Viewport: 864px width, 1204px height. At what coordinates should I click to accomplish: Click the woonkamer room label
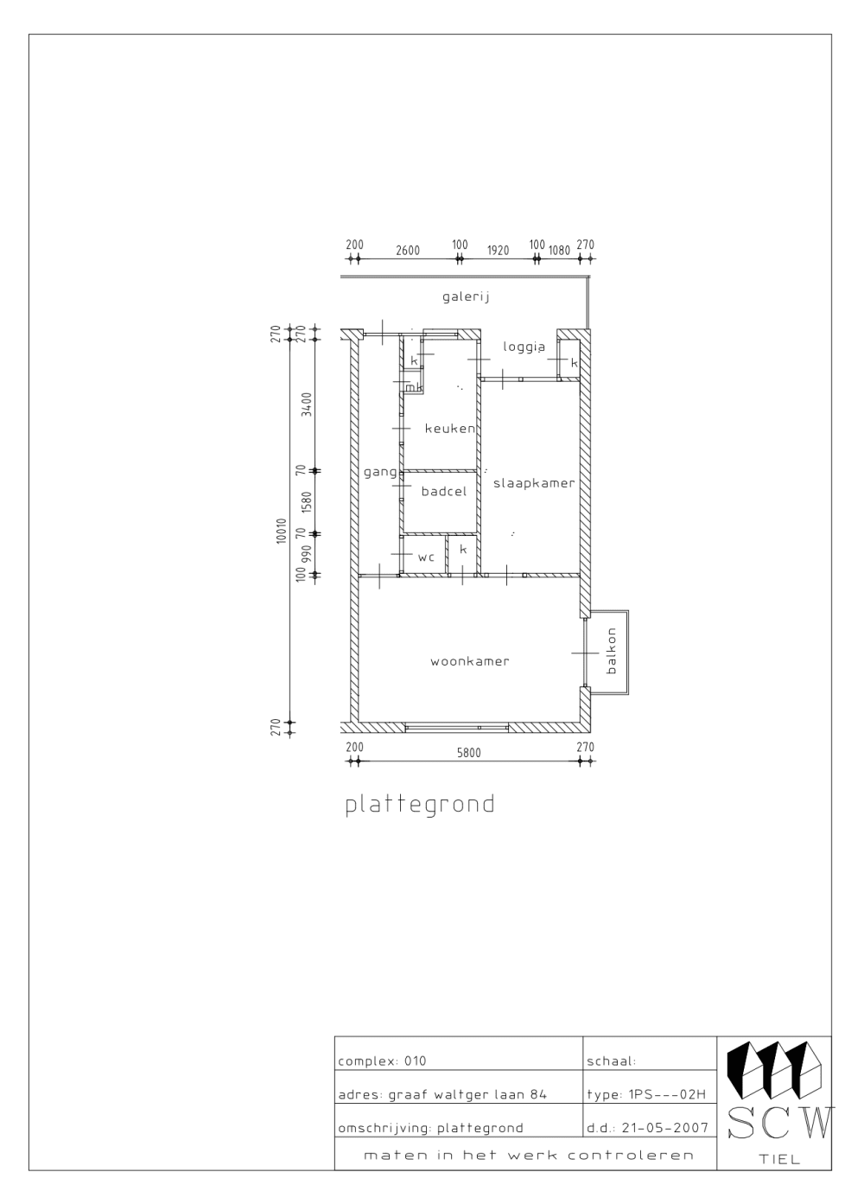click(469, 662)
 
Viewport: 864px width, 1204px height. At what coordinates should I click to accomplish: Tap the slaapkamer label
click(534, 483)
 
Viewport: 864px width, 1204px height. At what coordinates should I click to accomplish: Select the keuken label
click(450, 429)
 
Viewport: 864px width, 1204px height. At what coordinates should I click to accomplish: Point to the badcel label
click(444, 491)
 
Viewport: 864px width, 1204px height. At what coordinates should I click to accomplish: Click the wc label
click(426, 557)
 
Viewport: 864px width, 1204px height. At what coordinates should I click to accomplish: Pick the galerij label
click(466, 296)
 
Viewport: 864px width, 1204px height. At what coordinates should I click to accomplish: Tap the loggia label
click(524, 347)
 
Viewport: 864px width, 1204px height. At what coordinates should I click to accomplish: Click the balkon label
click(612, 651)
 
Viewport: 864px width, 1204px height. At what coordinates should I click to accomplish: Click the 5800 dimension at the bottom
click(468, 753)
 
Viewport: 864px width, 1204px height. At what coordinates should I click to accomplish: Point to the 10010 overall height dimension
click(282, 531)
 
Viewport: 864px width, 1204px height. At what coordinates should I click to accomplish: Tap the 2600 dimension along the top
click(408, 251)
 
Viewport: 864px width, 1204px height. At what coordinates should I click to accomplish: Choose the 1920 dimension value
click(498, 251)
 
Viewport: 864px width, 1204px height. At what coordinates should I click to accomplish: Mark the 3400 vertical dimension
click(306, 405)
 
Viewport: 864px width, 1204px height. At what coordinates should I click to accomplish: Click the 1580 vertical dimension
click(306, 502)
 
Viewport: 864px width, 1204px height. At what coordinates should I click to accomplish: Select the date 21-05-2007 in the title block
click(665, 1128)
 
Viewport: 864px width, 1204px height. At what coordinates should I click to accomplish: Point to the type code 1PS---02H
click(666, 1095)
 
